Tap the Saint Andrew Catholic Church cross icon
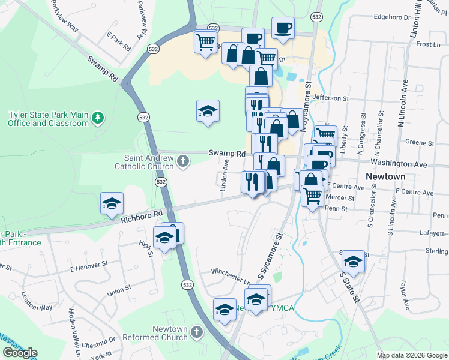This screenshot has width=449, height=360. coord(184,161)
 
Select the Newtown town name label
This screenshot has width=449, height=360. coord(385,177)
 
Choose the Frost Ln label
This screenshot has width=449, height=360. coord(428,44)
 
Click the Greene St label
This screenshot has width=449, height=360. coord(420,143)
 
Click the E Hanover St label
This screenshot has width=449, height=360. coord(88,262)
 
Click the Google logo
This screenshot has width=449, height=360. coord(20,353)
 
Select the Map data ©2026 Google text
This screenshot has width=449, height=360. coord(411,355)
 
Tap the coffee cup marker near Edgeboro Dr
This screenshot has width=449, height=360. coord(283,27)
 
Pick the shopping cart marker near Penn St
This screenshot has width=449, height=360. coord(312,195)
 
